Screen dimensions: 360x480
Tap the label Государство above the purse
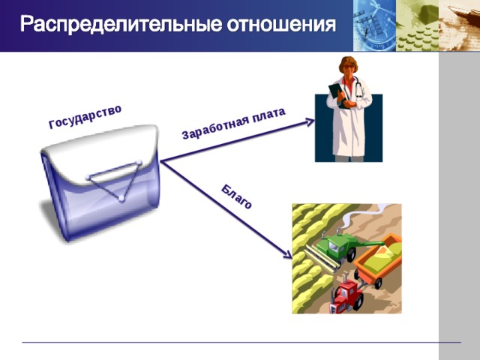pos(85,117)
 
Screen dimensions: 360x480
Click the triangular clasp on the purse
pos(116,181)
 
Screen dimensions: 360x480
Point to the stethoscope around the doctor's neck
pos(359,90)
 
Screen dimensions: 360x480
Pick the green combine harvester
pos(334,246)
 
